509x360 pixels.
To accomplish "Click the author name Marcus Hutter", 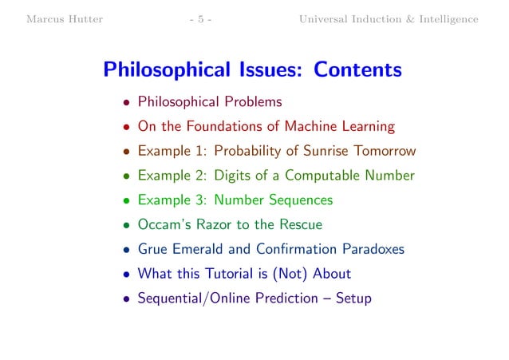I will click(x=65, y=19).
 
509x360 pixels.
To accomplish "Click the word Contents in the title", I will click(x=358, y=71).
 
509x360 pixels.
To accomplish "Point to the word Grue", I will click(x=153, y=249).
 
